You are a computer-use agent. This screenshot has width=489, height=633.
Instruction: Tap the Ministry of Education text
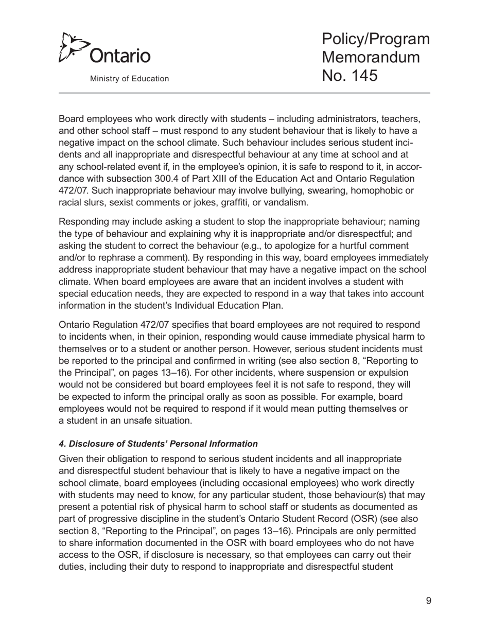pyautogui.click(x=129, y=79)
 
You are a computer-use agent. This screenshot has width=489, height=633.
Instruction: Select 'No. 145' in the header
pyautogui.click(x=350, y=75)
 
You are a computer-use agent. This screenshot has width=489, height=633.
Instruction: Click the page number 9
pyautogui.click(x=428, y=600)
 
